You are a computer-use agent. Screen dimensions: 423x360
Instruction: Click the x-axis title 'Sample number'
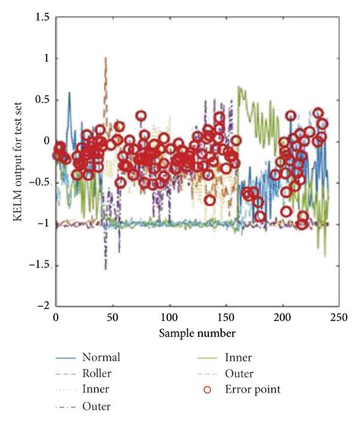(197, 333)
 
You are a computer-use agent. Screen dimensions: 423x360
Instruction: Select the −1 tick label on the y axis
(43, 223)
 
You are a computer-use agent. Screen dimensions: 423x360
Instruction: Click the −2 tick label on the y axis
(43, 305)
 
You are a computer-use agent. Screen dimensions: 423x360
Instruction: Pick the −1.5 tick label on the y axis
(39, 264)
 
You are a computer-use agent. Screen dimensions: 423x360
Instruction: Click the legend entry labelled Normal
(103, 356)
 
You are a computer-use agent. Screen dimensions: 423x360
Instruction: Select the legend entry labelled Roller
(101, 373)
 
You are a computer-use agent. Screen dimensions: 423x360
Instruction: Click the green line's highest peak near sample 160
(239, 87)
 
